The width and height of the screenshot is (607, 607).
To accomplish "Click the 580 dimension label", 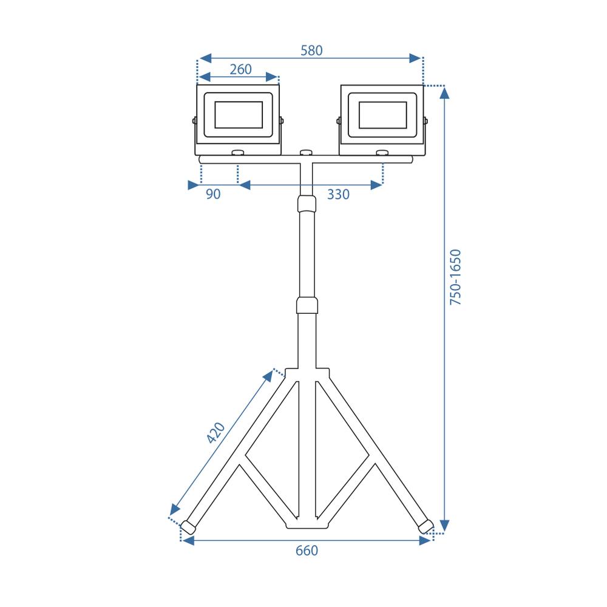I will (311, 51).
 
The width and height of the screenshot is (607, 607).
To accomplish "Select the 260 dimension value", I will (240, 69).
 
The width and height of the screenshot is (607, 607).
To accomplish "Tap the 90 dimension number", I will (213, 194).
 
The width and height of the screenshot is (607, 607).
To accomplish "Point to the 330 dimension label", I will (338, 194).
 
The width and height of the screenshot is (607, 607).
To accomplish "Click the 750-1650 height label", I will (456, 277).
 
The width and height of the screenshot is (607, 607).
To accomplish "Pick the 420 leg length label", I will (215, 433).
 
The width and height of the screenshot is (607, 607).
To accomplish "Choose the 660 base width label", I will (307, 551).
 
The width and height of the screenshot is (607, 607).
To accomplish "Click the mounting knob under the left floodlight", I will (237, 153).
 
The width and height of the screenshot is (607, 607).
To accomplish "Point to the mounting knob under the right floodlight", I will (382, 153).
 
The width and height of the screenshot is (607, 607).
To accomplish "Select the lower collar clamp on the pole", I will (307, 305).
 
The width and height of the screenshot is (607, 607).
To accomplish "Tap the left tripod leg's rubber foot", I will (189, 527).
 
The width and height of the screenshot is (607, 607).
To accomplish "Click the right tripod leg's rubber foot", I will (426, 526).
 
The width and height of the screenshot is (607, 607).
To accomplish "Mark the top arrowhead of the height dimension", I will (444, 93).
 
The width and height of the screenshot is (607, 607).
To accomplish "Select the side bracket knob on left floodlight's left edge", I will (194, 121).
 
